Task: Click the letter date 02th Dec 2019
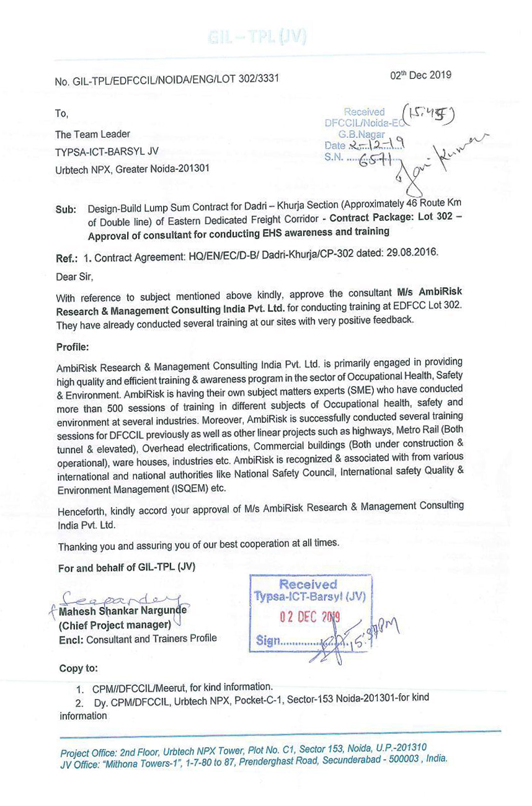pos(420,76)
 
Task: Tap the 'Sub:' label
pos(66,210)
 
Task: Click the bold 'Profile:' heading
pos(73,347)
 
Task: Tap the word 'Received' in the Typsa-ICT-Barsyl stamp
pos(308,584)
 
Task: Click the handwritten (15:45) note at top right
pos(429,112)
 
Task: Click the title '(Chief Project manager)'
pos(115,625)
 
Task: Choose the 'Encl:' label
pos(72,639)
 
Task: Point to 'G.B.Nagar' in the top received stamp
pos(361,133)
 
